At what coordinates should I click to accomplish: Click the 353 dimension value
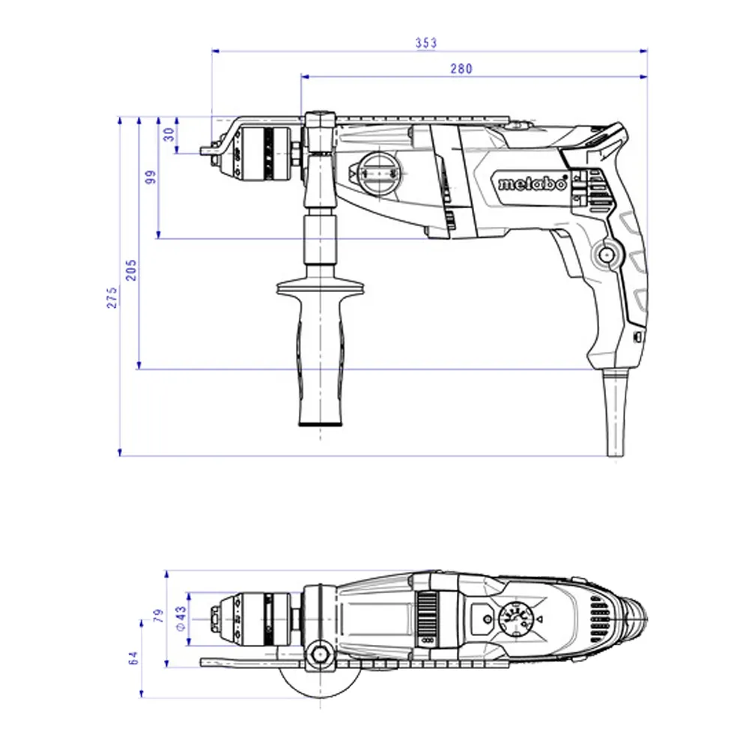pos(425,43)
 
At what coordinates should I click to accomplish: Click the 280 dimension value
pos(461,69)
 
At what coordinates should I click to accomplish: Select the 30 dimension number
pos(169,134)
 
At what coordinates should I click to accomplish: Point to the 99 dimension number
pos(150,178)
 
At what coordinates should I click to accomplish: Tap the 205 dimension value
pos(131,270)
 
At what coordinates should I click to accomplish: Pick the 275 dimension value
pos(112,297)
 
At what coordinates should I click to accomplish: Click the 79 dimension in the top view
pos(158,615)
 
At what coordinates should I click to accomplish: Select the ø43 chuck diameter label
pos(181,619)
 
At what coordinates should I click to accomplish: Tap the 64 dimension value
pos(133,658)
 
